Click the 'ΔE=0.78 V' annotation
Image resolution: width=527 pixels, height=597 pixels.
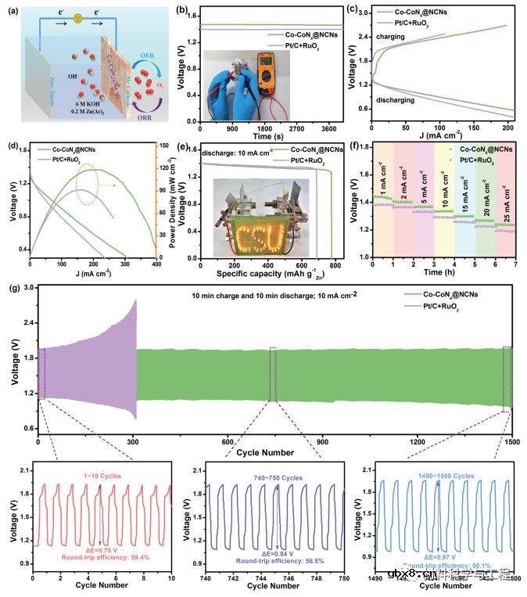pyautogui.click(x=101, y=549)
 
